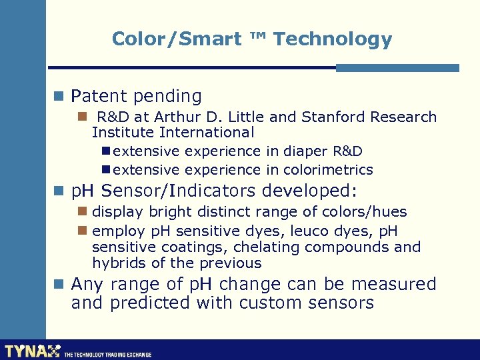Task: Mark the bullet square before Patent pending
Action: tap(59, 97)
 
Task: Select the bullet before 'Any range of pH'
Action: tap(59, 285)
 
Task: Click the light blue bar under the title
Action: tap(397, 67)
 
